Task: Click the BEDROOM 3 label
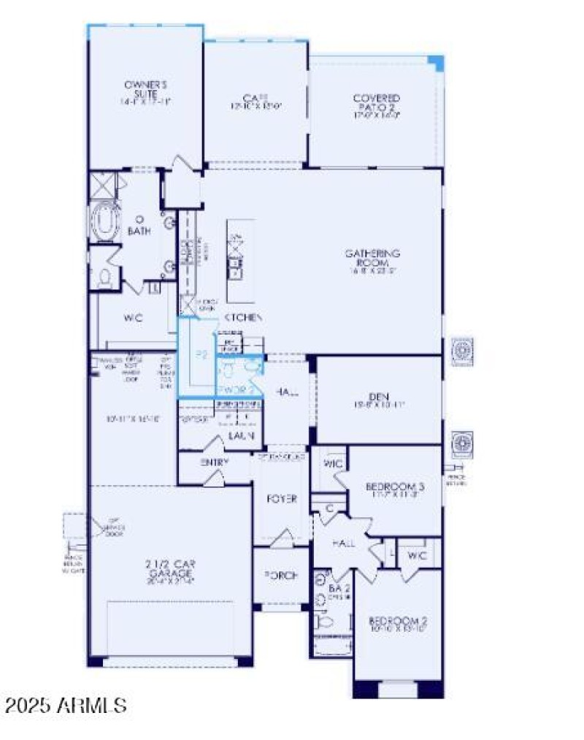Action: coord(395,485)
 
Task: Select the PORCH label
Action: coord(281,576)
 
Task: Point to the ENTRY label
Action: coord(215,462)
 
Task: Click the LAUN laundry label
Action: coord(240,435)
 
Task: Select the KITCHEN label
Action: coord(244,318)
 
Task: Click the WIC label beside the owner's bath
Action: coord(132,318)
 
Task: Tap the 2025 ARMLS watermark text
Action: coord(66,706)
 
